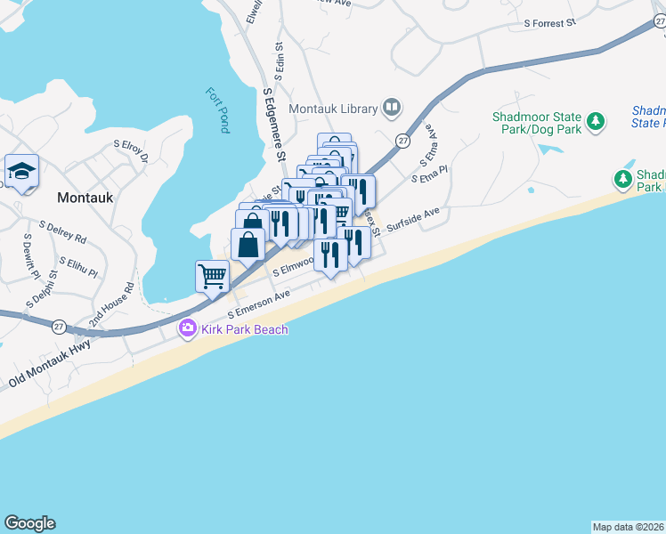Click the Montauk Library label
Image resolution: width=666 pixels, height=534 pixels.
point(334,109)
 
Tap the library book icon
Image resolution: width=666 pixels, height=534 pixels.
point(391,109)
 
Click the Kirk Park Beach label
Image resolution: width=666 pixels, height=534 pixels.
point(244,330)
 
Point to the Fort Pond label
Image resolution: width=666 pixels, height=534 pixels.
point(217,110)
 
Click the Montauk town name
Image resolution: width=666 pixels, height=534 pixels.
point(85,198)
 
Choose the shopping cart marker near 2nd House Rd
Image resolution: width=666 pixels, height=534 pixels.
point(212,276)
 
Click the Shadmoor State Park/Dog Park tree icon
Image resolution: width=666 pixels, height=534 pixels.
point(596,121)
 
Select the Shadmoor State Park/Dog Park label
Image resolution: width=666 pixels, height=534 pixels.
point(537,124)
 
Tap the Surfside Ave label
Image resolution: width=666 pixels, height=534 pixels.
point(413,216)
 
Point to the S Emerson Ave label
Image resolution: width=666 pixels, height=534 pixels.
point(259,303)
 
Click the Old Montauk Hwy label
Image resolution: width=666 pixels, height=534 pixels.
point(50,366)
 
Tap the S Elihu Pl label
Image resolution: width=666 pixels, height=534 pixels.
point(80,264)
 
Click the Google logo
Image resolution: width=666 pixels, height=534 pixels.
point(29,523)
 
